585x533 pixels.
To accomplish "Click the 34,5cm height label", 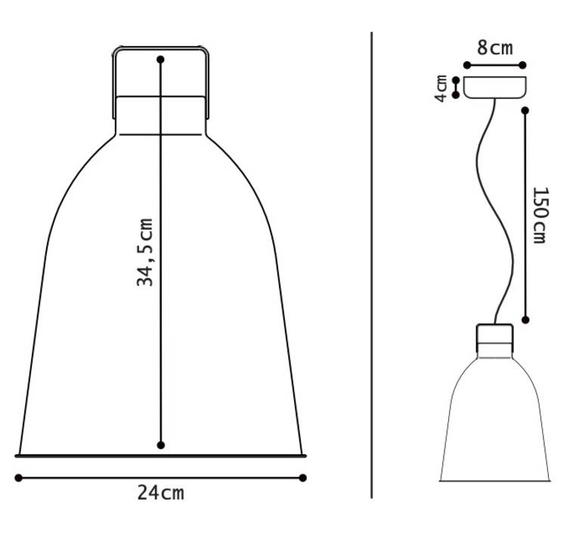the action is click(x=145, y=253).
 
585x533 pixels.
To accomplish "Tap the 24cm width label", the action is click(x=160, y=493).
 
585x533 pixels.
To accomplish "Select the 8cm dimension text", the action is click(x=495, y=48).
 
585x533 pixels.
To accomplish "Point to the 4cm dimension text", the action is click(x=441, y=88).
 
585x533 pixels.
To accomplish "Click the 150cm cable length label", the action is click(x=540, y=215).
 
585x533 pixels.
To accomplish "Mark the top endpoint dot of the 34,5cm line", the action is click(x=160, y=59).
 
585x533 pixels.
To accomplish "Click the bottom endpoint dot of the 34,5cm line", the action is click(x=161, y=445).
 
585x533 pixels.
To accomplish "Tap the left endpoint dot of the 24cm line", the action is click(x=18, y=478).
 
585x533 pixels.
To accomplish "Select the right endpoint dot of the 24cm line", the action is click(x=303, y=478).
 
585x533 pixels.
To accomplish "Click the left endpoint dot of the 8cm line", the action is click(x=467, y=65).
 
